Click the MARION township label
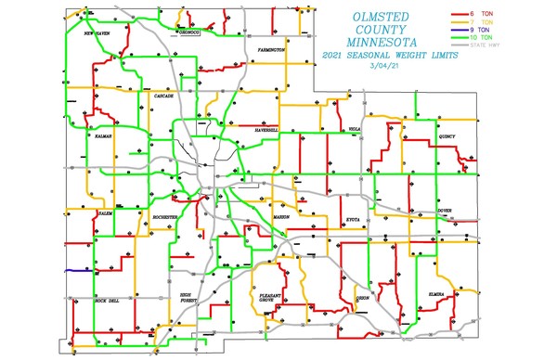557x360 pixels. [281, 216]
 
